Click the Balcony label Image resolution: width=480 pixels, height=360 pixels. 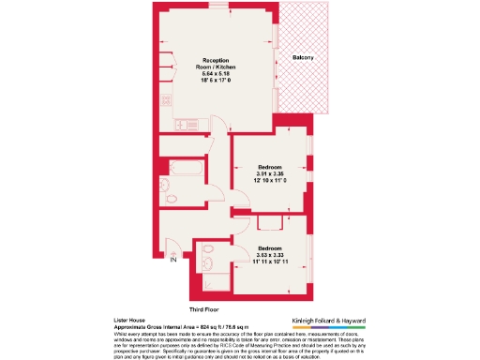coord(303,58)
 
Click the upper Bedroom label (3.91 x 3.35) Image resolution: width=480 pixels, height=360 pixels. coord(270,166)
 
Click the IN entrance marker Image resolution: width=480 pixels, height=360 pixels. coord(172,262)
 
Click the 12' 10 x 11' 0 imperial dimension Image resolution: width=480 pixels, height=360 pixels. coord(270,181)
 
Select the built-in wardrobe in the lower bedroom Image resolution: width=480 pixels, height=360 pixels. coord(270,221)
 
